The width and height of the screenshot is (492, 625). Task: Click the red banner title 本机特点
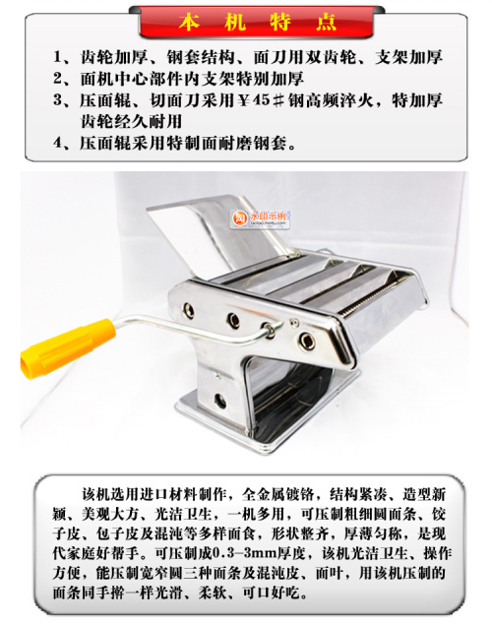click(x=257, y=22)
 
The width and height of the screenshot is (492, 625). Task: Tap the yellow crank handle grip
click(x=67, y=348)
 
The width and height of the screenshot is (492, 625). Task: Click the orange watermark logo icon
click(x=240, y=219)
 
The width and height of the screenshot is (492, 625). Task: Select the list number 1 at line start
click(x=58, y=57)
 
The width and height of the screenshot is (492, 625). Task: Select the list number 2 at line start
click(x=58, y=79)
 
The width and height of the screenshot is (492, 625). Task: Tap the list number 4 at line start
click(x=58, y=143)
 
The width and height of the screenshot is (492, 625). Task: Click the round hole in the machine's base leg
click(x=219, y=401)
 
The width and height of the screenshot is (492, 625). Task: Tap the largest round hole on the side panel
click(x=307, y=341)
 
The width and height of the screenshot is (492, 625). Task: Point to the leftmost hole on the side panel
click(x=188, y=310)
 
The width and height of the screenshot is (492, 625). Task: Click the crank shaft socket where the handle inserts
click(x=269, y=330)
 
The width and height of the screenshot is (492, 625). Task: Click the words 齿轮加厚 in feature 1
click(x=114, y=57)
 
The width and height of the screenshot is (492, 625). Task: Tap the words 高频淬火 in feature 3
click(x=339, y=100)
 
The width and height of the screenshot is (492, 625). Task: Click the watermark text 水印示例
click(x=268, y=217)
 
